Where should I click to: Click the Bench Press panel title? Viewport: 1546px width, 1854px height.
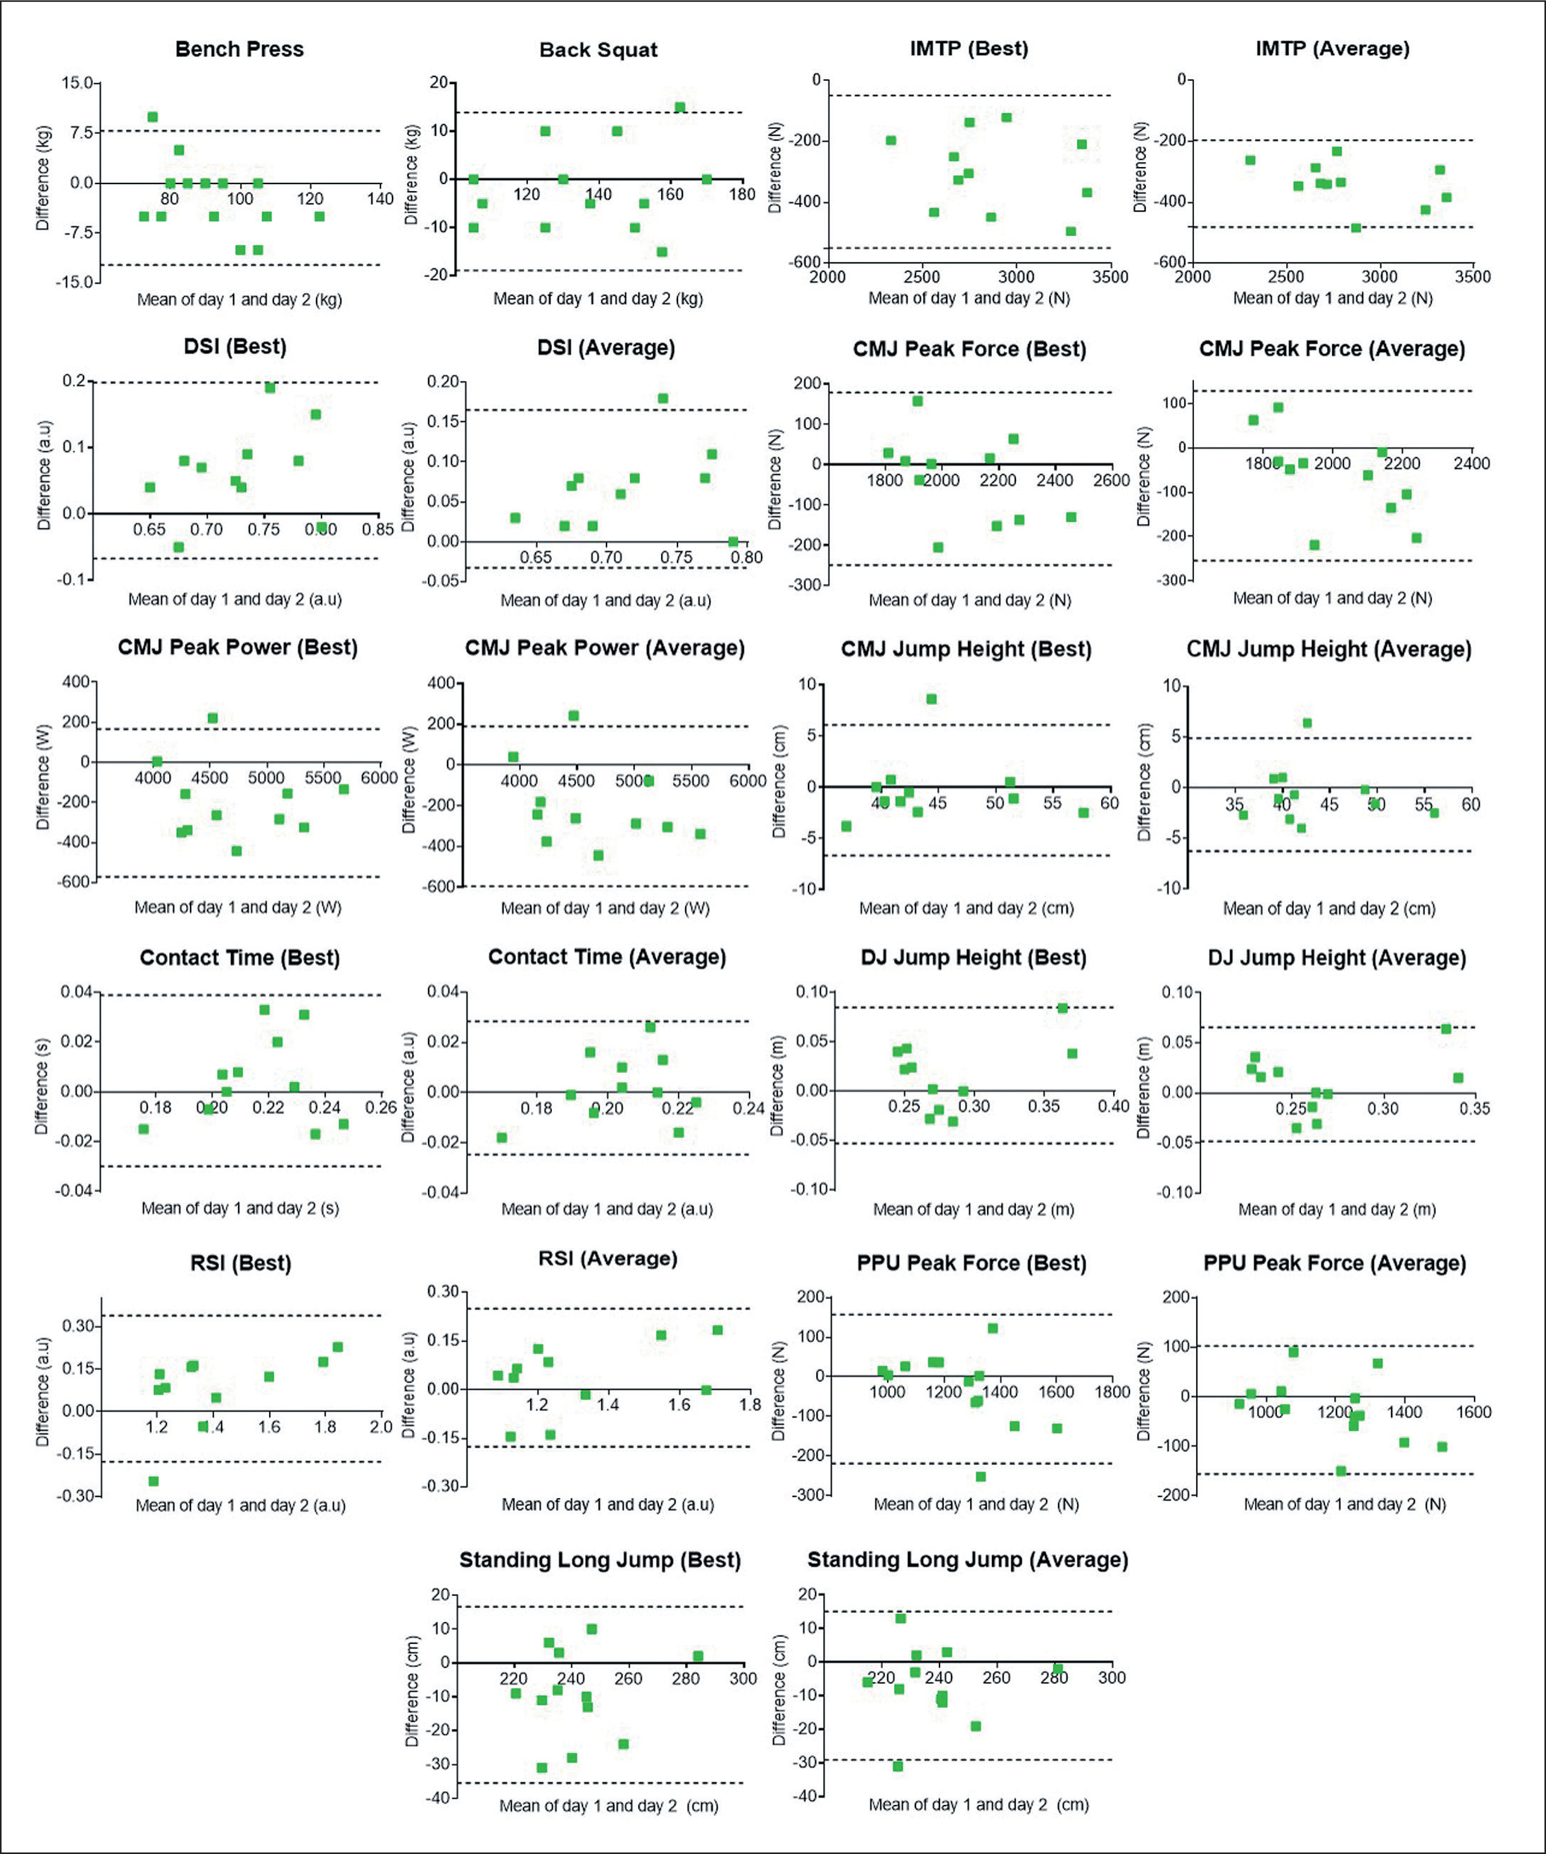tap(239, 50)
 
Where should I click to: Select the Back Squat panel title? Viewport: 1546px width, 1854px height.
tap(599, 50)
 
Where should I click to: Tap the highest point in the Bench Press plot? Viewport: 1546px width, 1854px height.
tap(152, 117)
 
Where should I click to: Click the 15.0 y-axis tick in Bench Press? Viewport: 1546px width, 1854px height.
tap(77, 83)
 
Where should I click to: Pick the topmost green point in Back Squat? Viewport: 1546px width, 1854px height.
tap(680, 108)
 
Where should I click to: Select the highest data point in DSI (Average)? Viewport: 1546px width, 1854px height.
tap(663, 398)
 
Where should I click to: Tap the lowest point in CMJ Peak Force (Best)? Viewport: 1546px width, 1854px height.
tap(938, 548)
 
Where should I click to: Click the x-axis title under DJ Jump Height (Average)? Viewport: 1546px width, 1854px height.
tap(1337, 1210)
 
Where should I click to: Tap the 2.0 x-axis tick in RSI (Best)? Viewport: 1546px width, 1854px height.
tap(380, 1427)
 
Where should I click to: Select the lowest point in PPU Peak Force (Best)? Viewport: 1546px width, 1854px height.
tap(980, 1476)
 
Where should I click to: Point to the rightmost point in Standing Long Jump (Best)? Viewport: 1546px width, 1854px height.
tap(697, 1656)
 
